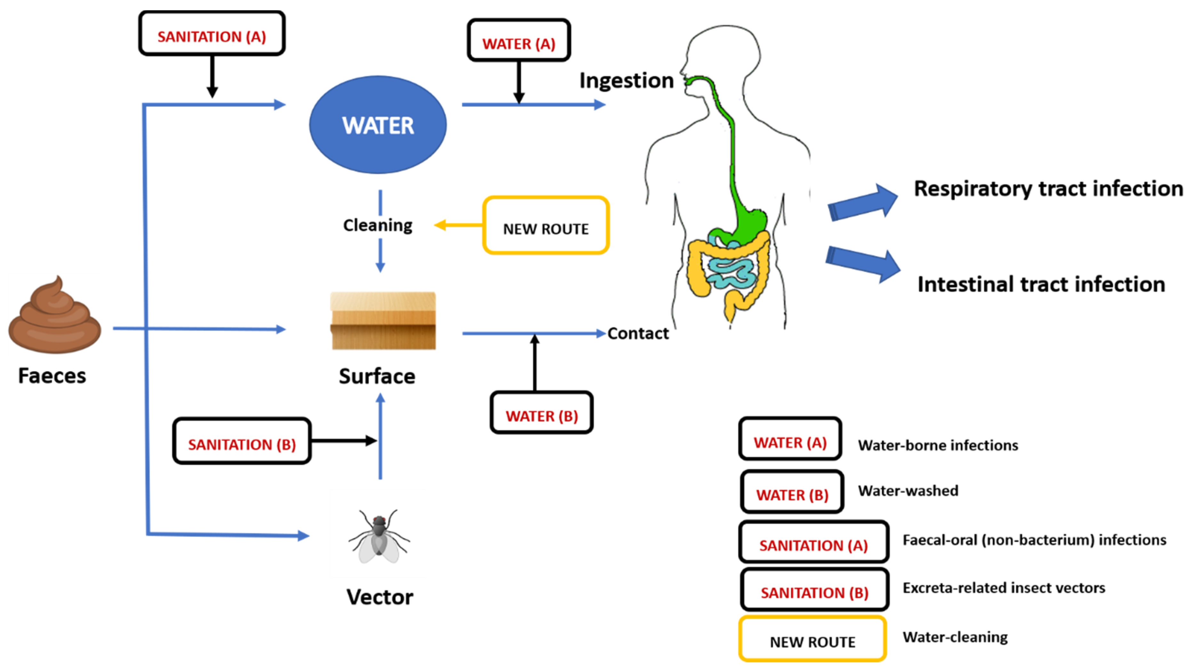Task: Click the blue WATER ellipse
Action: click(378, 125)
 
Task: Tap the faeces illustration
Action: click(54, 319)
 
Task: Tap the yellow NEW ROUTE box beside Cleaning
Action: click(546, 226)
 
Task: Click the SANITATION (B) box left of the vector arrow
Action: click(242, 441)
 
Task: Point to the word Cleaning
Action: click(378, 225)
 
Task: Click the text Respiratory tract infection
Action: click(1048, 189)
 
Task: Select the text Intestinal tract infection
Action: click(1041, 284)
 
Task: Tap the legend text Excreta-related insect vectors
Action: click(1003, 588)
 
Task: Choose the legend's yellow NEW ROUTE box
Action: click(812, 639)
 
